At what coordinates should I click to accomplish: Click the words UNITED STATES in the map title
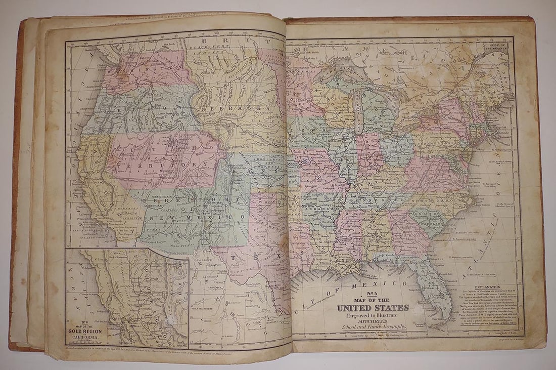click(373, 307)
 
